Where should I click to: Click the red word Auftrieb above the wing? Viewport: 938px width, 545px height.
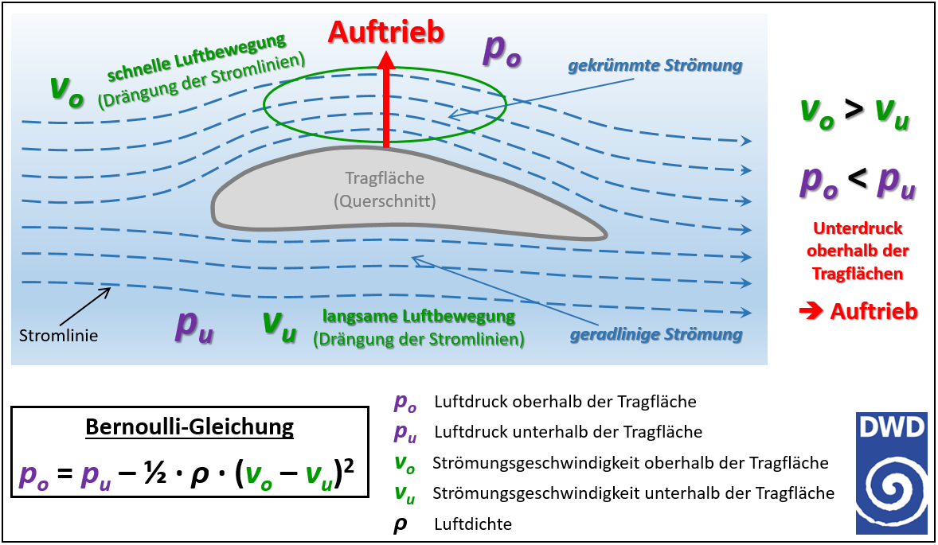[x=386, y=32]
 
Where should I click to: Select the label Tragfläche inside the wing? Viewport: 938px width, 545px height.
[x=385, y=178]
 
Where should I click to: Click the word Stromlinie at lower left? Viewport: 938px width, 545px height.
[x=59, y=335]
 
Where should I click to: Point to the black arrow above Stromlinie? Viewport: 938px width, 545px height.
[x=85, y=306]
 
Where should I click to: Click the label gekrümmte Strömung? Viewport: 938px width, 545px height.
[x=655, y=66]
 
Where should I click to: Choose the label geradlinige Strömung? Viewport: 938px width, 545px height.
[x=656, y=335]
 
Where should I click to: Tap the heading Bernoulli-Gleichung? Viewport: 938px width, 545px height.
[x=190, y=426]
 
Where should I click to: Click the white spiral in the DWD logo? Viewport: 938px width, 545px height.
[x=891, y=490]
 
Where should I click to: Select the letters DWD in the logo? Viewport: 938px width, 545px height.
[x=891, y=426]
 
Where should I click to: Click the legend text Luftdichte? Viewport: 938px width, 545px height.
[x=473, y=524]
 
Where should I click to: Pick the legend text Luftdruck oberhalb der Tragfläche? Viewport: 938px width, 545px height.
[x=565, y=402]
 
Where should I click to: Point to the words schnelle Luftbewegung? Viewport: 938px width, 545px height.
[x=196, y=57]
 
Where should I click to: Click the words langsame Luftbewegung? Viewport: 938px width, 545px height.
[x=419, y=316]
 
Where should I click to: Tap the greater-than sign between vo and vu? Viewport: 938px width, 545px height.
[x=854, y=109]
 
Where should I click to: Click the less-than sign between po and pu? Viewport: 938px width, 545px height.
[x=858, y=177]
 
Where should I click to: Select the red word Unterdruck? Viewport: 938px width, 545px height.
[x=858, y=228]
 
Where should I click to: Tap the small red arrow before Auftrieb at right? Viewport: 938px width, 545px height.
[x=811, y=311]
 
